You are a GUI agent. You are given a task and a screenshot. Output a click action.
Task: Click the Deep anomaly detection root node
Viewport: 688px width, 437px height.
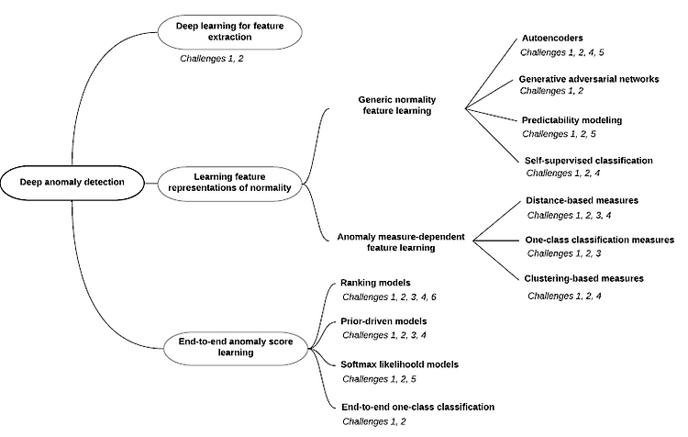click(x=72, y=183)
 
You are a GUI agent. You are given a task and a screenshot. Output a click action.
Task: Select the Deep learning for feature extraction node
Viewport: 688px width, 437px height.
click(x=230, y=31)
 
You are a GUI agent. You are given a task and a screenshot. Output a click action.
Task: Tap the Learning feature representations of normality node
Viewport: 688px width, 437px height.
click(x=230, y=183)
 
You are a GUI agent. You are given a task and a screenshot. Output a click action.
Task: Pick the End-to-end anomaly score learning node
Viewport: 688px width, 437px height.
click(x=236, y=347)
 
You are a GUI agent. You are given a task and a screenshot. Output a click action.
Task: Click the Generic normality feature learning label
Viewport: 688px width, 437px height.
click(x=397, y=106)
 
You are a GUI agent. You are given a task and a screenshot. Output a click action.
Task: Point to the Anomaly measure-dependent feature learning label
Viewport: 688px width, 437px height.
click(x=401, y=242)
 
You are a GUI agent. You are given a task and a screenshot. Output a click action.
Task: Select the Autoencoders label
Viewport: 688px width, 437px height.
click(x=552, y=39)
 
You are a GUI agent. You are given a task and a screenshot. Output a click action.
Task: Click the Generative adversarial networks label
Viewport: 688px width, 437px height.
click(x=589, y=79)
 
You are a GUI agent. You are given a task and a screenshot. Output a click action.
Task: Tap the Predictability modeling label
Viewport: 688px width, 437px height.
click(x=571, y=120)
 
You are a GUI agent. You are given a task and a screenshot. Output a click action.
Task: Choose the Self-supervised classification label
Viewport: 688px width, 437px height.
click(x=588, y=161)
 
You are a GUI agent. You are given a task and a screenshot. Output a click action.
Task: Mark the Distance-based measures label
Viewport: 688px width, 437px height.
click(x=582, y=201)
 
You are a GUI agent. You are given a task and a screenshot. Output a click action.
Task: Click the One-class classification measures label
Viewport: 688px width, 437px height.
click(x=599, y=240)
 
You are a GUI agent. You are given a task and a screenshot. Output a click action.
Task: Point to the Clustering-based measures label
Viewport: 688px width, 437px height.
click(x=584, y=278)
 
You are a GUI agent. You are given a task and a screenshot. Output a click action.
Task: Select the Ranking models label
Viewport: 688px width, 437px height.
click(x=375, y=283)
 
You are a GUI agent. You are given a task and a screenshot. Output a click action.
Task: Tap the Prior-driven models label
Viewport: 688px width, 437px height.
click(x=383, y=321)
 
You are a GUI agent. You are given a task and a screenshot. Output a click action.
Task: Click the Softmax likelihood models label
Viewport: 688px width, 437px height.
click(x=399, y=364)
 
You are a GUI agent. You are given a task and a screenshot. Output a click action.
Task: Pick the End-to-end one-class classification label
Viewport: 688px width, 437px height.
click(x=417, y=407)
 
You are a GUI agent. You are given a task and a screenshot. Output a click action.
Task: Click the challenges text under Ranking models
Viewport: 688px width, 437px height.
click(x=389, y=297)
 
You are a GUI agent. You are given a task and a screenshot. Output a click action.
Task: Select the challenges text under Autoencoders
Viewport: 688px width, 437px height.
click(x=562, y=52)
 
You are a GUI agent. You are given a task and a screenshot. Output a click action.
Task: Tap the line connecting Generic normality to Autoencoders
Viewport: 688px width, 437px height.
click(x=492, y=73)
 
